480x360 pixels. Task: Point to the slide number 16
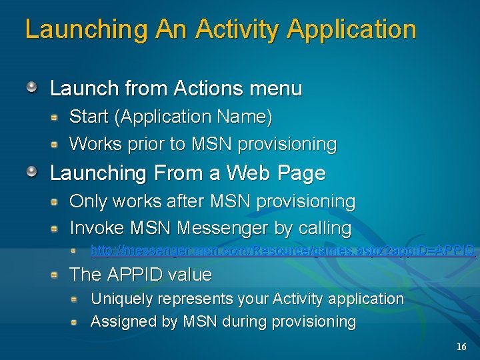point(461,347)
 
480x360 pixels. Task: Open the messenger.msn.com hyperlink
point(283,251)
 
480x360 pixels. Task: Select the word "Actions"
point(210,88)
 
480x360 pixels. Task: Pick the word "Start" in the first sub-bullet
point(89,117)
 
